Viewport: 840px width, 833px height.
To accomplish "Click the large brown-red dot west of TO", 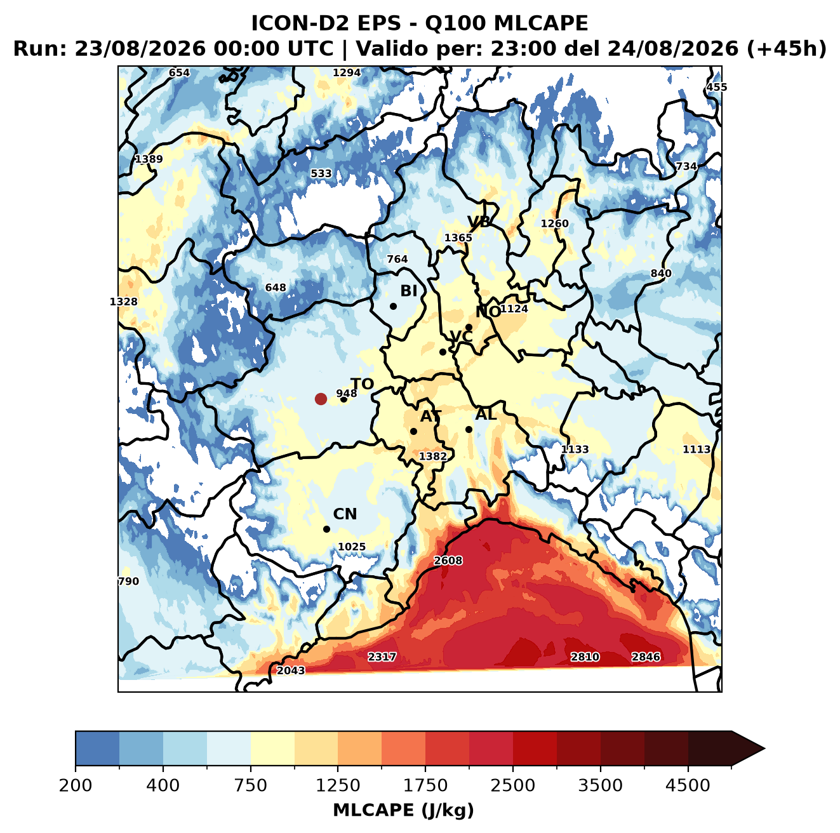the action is [321, 399].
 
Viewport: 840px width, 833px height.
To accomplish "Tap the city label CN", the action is [345, 514].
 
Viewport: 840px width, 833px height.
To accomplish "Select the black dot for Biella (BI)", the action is [393, 306].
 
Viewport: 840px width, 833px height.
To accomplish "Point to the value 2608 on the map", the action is [448, 561].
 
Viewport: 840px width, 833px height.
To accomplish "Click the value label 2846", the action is [646, 657].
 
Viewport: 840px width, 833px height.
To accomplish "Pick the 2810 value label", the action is [585, 657].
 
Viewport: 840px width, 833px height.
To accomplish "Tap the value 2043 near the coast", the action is [291, 670].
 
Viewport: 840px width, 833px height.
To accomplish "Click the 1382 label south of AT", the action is [432, 456].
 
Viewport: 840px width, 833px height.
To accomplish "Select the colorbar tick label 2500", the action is [512, 786].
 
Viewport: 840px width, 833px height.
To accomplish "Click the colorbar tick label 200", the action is [76, 786].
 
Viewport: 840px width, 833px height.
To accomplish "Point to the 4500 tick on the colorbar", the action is [688, 786].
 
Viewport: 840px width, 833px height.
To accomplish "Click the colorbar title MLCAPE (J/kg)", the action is [403, 811].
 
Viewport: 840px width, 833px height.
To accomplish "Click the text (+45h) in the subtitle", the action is [786, 49].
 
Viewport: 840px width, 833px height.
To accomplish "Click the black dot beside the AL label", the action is [469, 429].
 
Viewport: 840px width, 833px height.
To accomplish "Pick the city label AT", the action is [430, 416].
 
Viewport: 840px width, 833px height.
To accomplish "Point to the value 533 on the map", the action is [321, 173].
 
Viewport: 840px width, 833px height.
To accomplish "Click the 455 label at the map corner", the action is [717, 87].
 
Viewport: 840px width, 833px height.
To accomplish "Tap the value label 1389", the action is [149, 159].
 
